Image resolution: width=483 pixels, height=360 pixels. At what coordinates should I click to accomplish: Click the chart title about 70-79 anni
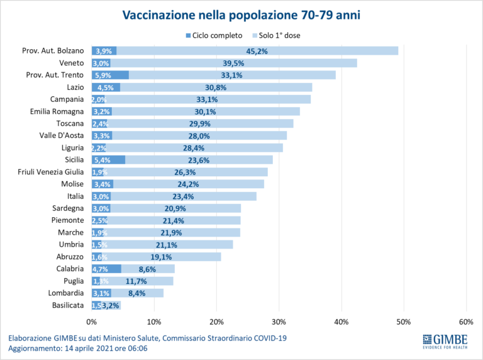(241, 14)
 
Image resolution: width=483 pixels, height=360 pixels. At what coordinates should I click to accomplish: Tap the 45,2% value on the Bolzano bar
(257, 51)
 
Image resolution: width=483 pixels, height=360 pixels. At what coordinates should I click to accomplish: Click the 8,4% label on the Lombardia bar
(138, 293)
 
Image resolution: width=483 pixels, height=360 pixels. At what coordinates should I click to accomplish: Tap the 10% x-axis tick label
(154, 322)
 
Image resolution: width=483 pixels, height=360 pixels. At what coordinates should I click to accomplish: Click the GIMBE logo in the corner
(449, 341)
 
